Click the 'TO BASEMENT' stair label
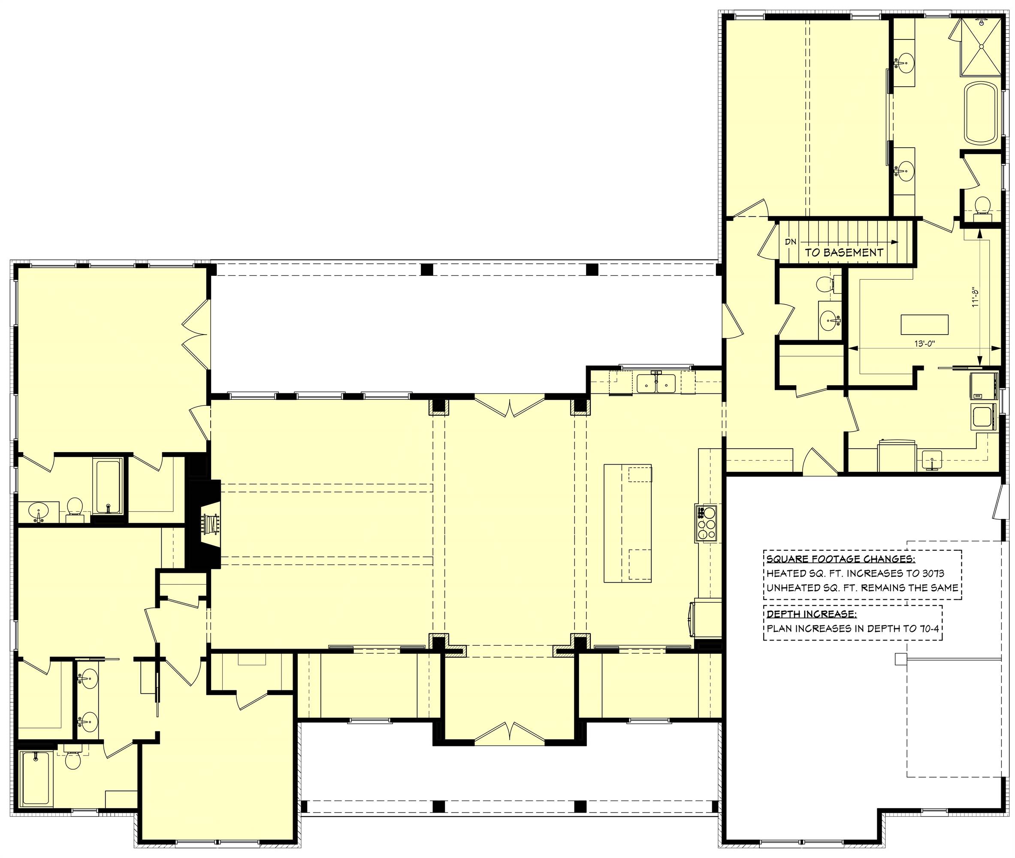coord(844,252)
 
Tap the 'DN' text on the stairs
coord(790,241)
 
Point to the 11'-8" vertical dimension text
coord(974,296)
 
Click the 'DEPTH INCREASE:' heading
coord(811,614)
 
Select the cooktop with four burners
coord(706,523)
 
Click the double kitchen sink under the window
coord(656,383)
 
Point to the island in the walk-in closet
coord(924,324)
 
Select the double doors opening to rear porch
coord(509,408)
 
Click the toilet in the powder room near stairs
coord(823,284)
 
